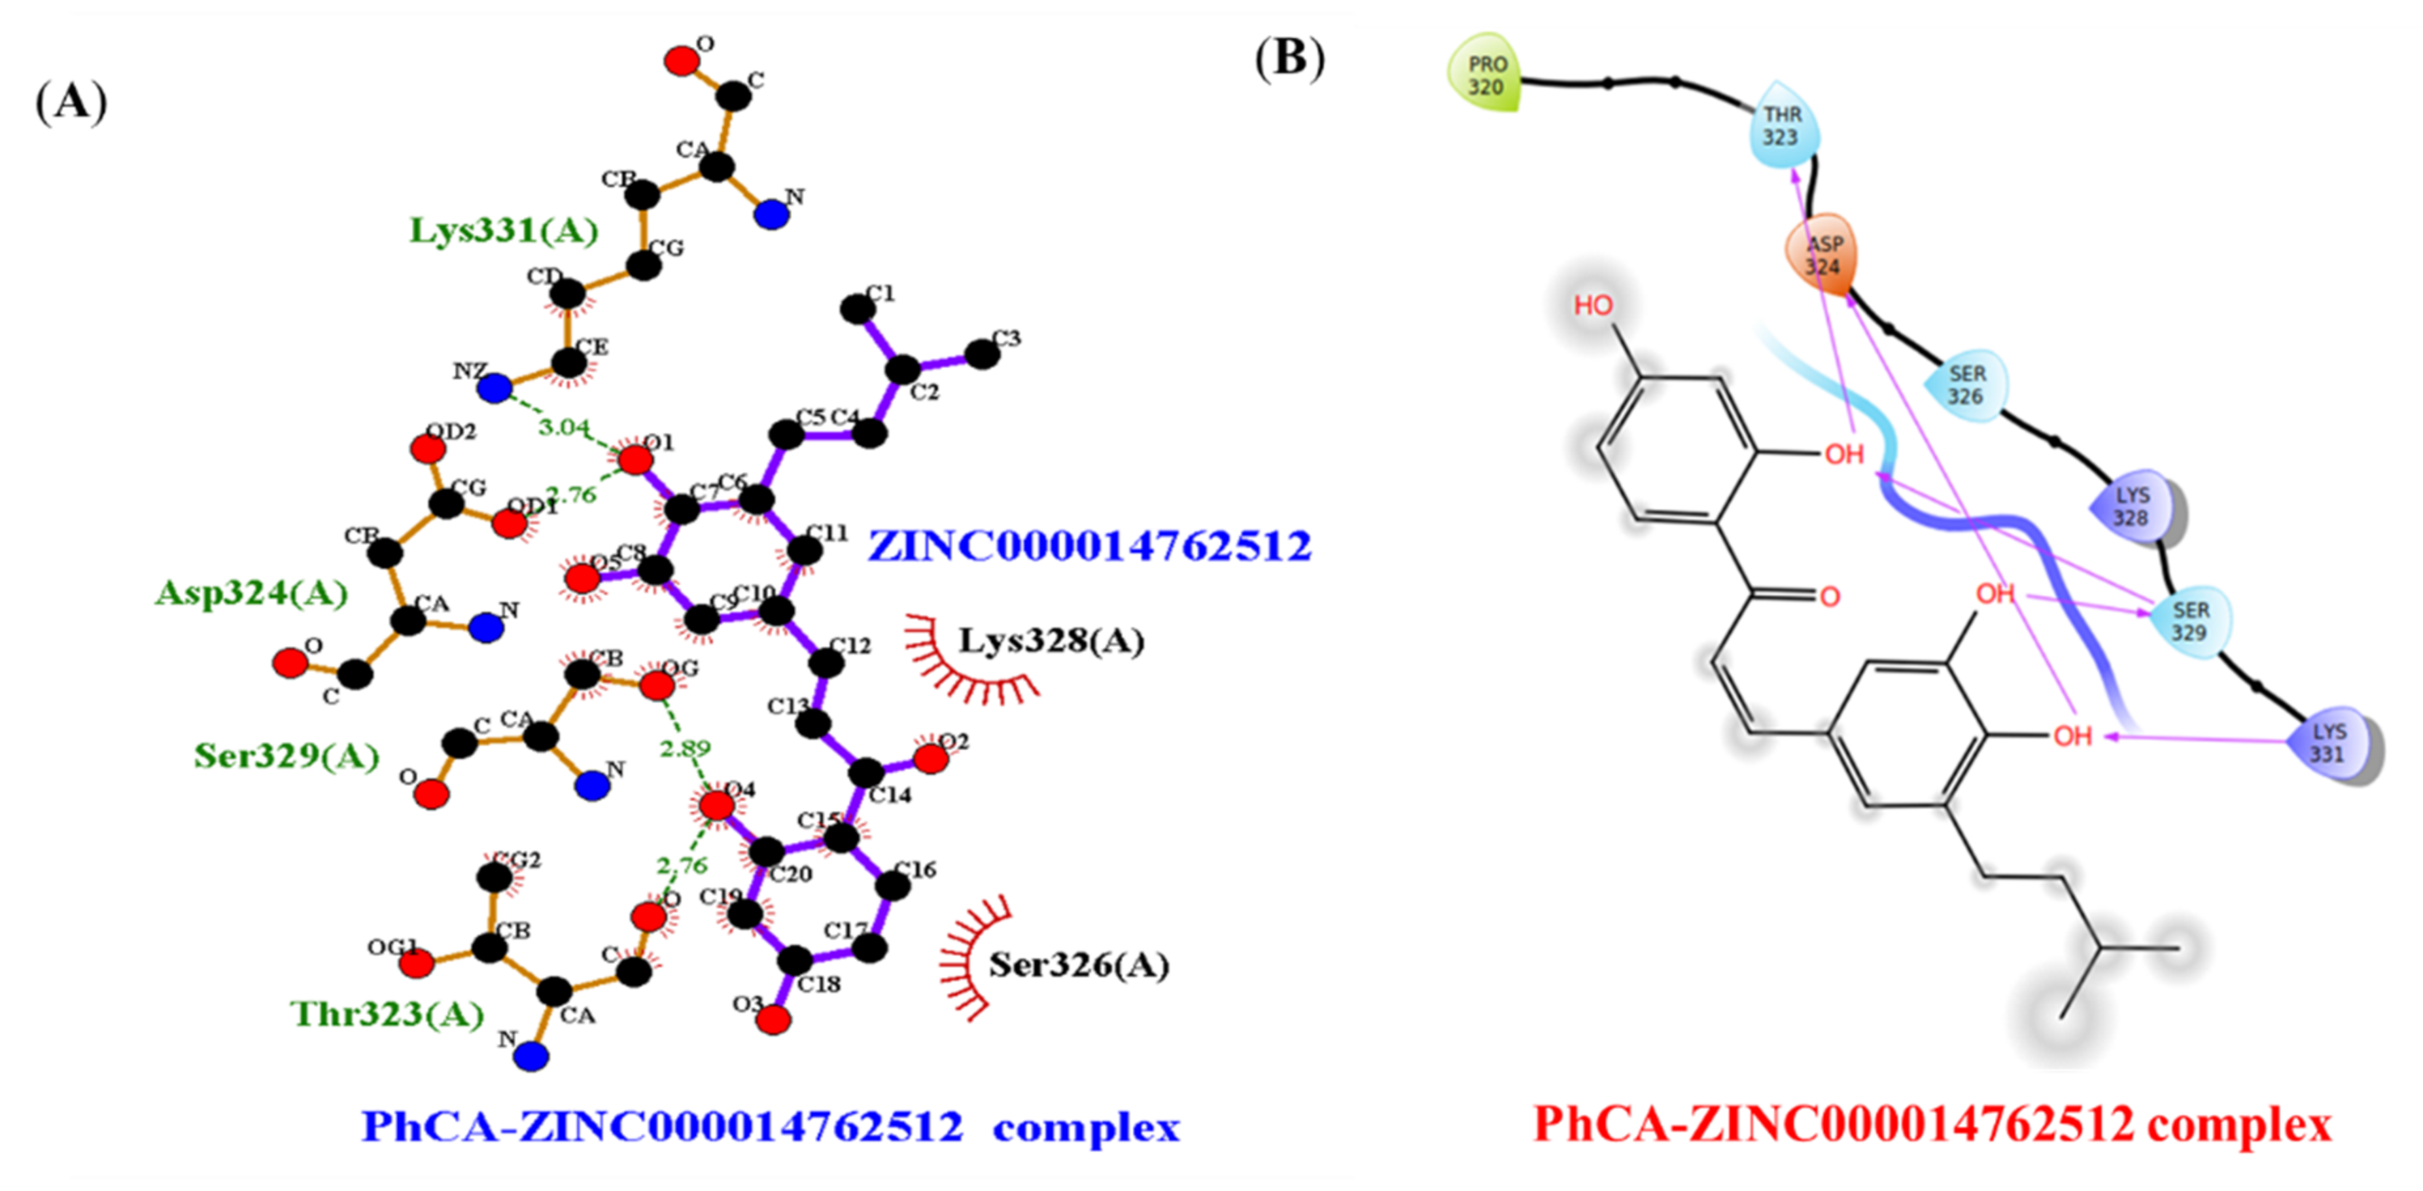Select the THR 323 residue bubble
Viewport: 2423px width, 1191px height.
pyautogui.click(x=1783, y=126)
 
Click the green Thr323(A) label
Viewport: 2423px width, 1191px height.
pyautogui.click(x=387, y=1013)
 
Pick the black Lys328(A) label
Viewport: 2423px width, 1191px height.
pyautogui.click(x=1051, y=641)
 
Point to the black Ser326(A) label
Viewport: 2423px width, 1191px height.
pyautogui.click(x=1078, y=965)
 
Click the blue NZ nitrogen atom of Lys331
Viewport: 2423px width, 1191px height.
pyautogui.click(x=494, y=387)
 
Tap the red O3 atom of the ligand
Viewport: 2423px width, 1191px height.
pyautogui.click(x=773, y=1019)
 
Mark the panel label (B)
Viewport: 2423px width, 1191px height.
pyautogui.click(x=1289, y=58)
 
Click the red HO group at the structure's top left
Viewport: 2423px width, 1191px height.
pyautogui.click(x=1592, y=305)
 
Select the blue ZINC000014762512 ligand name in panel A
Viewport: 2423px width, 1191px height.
pyautogui.click(x=1089, y=546)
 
